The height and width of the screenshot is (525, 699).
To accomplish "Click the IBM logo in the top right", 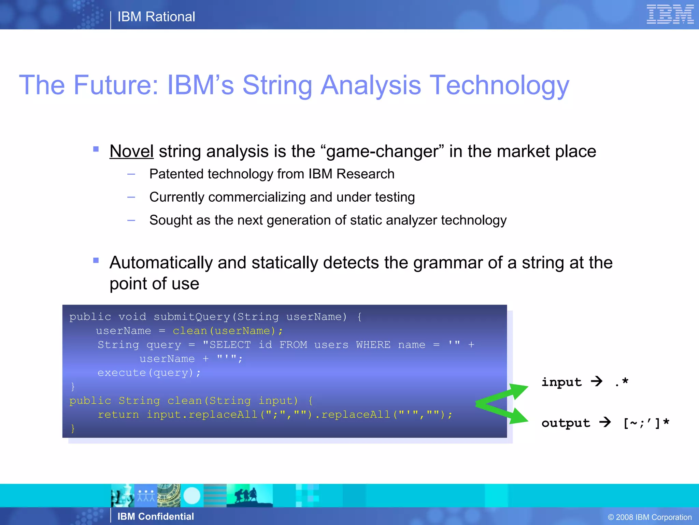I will click(670, 15).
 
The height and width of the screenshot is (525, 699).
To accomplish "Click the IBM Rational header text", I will click(156, 17).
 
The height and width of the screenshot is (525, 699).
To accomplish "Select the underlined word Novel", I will click(131, 151).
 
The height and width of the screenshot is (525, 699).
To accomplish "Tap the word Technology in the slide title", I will click(499, 85).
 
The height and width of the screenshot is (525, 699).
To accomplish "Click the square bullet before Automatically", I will click(96, 261).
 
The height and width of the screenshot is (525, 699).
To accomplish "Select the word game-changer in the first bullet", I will click(382, 151).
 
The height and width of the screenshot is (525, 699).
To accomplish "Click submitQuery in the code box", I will click(192, 317).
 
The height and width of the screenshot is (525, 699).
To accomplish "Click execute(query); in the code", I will click(149, 373).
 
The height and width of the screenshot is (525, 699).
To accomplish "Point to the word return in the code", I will click(118, 415).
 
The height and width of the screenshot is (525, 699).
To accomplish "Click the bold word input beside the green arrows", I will click(561, 382).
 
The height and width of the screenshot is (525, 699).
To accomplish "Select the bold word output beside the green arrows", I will click(566, 423).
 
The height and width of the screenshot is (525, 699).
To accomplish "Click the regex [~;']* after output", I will click(646, 423).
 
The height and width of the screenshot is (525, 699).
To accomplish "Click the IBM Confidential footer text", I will click(156, 516).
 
